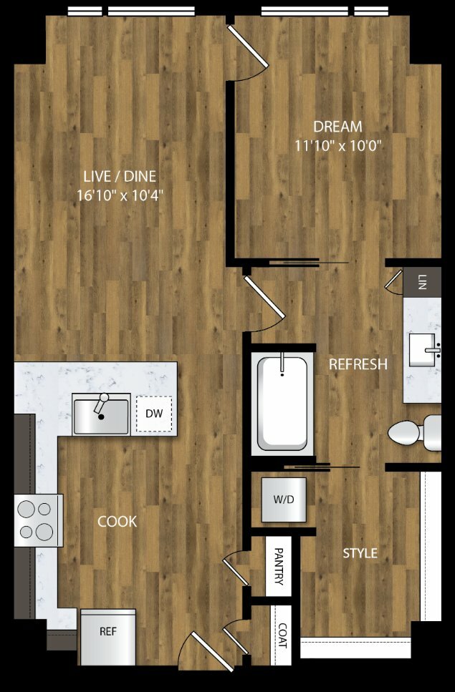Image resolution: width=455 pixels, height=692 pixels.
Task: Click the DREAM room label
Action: (x=337, y=127)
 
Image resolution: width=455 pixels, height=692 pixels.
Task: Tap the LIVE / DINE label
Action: (x=120, y=177)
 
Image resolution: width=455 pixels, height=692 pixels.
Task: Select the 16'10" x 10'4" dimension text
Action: (x=120, y=195)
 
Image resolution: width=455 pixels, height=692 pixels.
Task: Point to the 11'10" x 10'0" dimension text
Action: (x=338, y=146)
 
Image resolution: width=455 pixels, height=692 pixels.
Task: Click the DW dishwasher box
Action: (x=154, y=414)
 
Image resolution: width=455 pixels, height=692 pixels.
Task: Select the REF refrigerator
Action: (x=107, y=637)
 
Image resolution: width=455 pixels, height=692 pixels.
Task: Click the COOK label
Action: (x=117, y=522)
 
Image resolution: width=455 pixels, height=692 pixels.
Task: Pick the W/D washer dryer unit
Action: (x=283, y=499)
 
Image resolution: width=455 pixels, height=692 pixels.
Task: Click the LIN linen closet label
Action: (x=422, y=281)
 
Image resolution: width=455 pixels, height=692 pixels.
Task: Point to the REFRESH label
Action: (x=358, y=364)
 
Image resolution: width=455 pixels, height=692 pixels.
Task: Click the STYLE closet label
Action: (x=360, y=553)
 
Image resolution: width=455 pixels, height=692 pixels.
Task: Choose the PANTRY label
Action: (x=279, y=566)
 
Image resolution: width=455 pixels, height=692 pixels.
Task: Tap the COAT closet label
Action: (x=282, y=635)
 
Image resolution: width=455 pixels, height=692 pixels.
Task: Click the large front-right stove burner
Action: (x=44, y=532)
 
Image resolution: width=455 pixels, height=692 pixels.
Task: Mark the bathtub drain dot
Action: (x=282, y=375)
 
